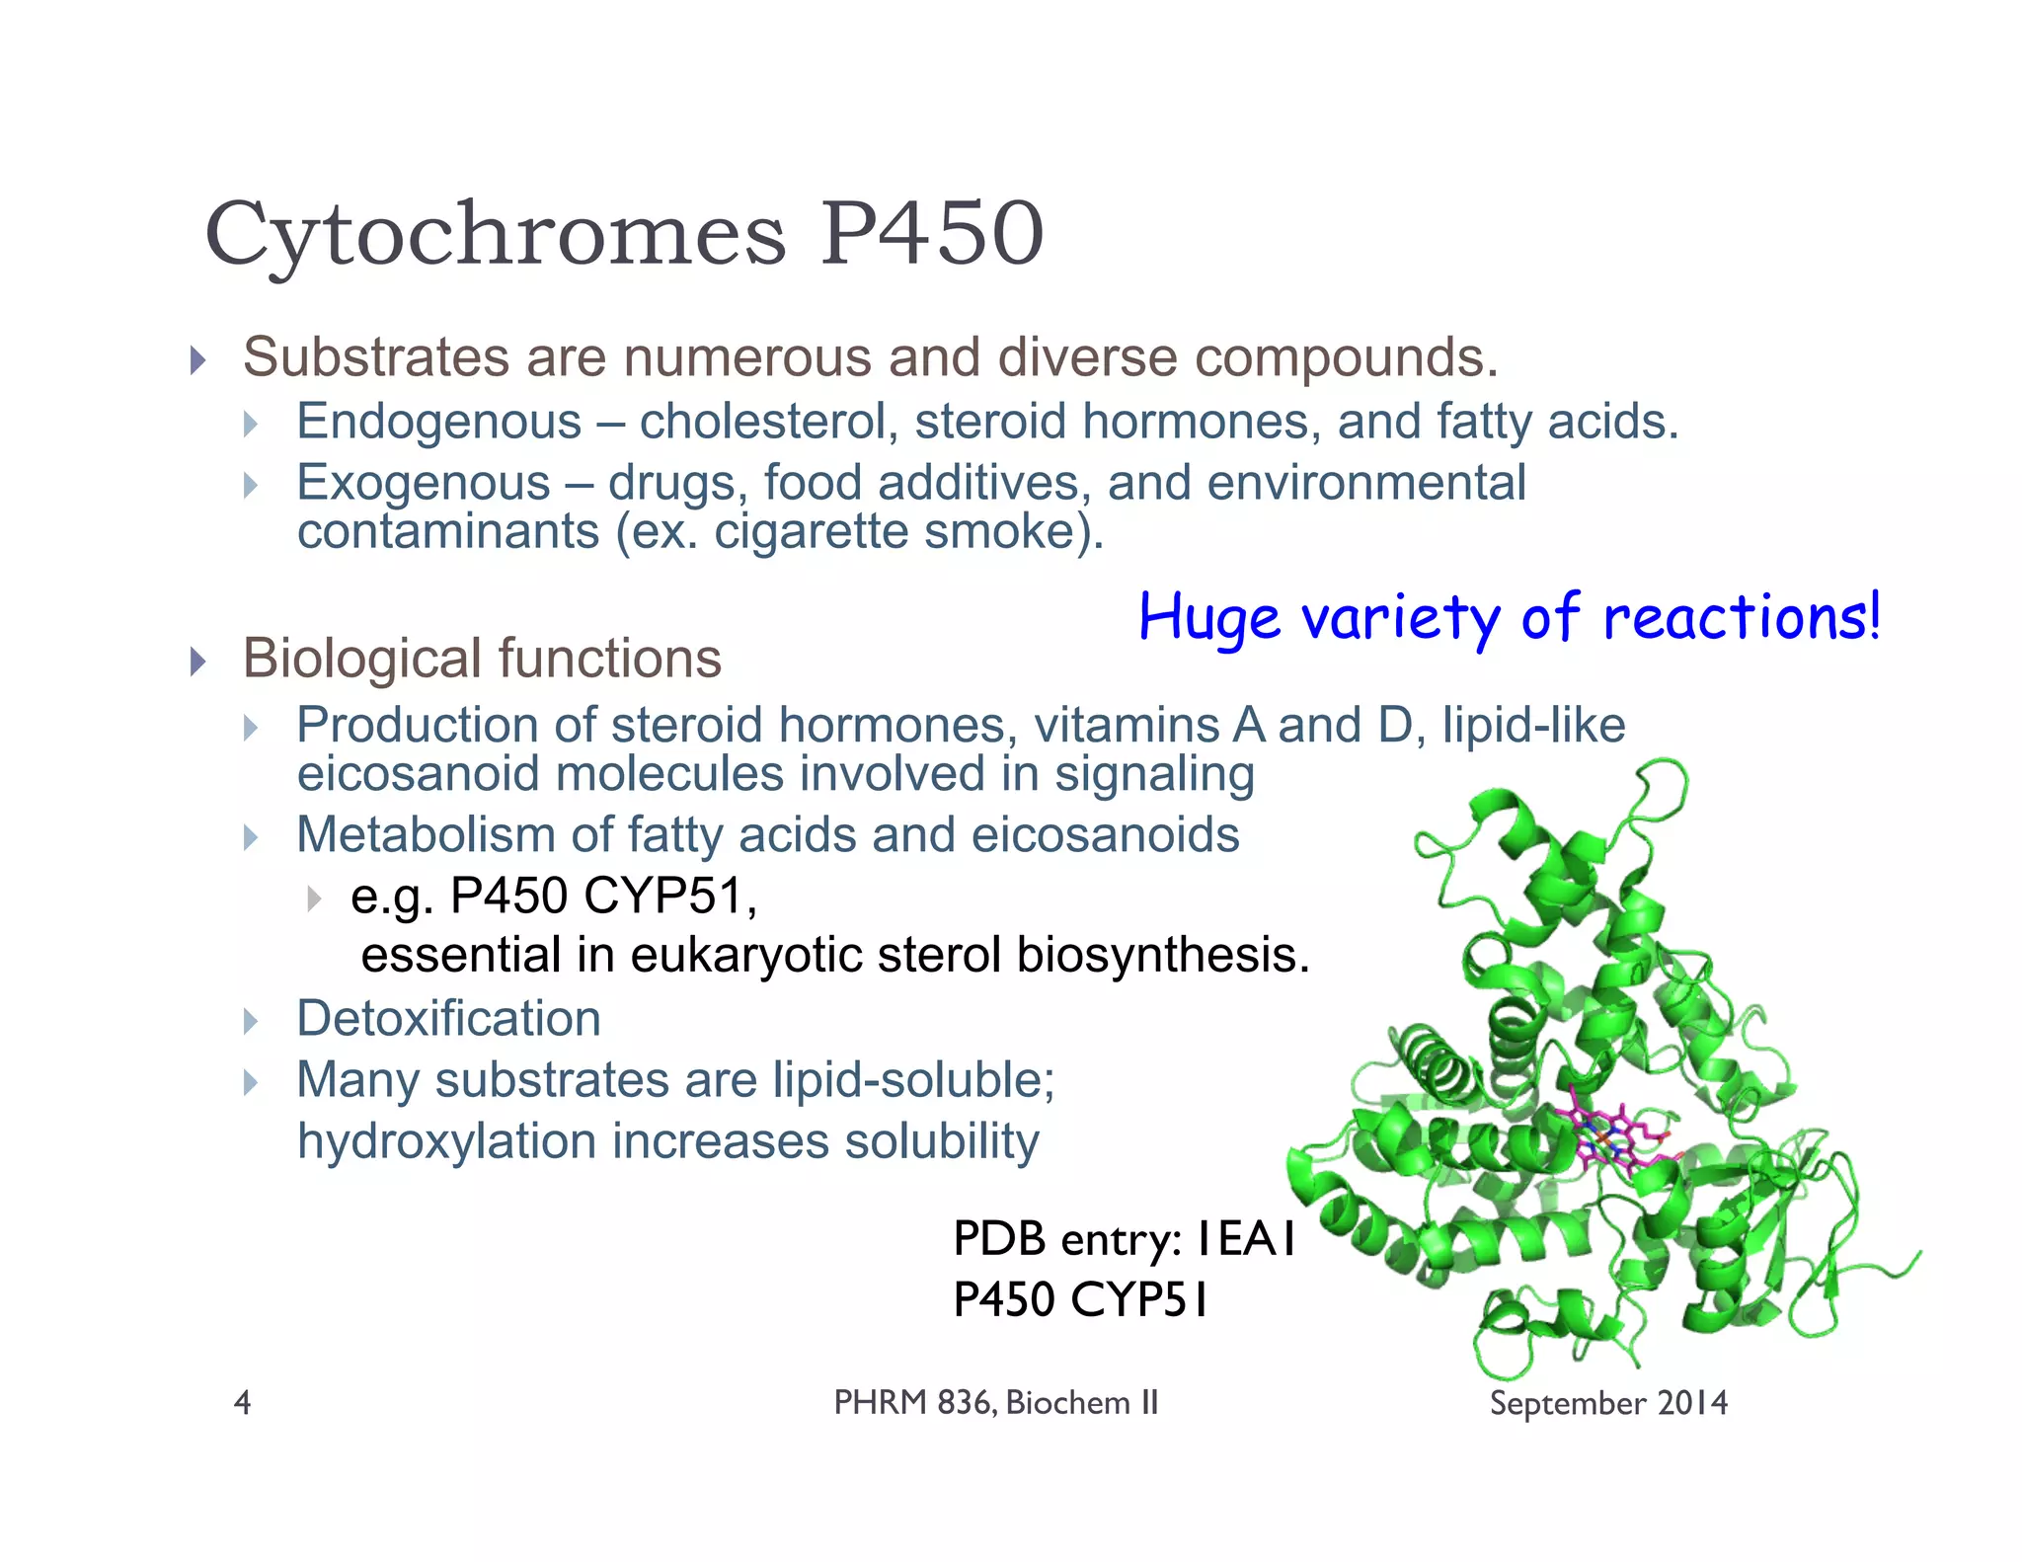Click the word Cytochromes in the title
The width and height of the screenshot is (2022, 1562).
point(495,235)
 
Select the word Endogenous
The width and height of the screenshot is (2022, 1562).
point(439,422)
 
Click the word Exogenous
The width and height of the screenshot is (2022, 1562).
point(424,483)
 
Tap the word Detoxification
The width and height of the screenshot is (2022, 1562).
point(448,1018)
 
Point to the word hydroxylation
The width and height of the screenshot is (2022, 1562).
point(446,1141)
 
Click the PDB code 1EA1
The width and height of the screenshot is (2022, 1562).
point(1245,1239)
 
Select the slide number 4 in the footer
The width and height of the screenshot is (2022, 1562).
point(242,1402)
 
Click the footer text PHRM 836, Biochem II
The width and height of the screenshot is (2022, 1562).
point(995,1402)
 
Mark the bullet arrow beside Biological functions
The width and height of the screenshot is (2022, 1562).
point(198,661)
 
